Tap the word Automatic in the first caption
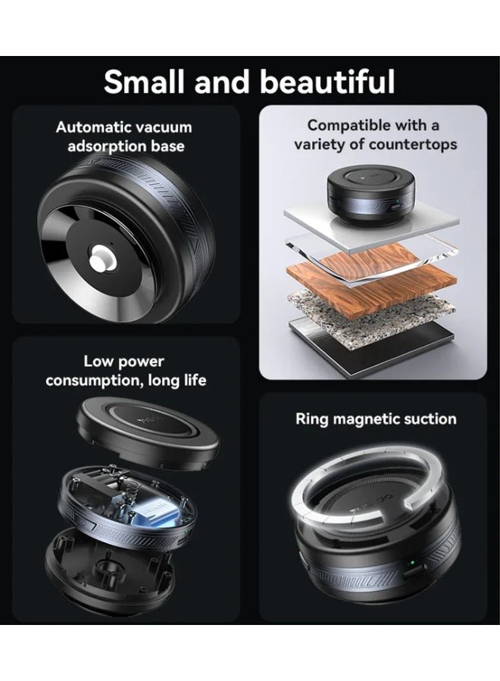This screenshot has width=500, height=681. (92, 127)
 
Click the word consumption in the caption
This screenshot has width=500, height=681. (92, 381)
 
